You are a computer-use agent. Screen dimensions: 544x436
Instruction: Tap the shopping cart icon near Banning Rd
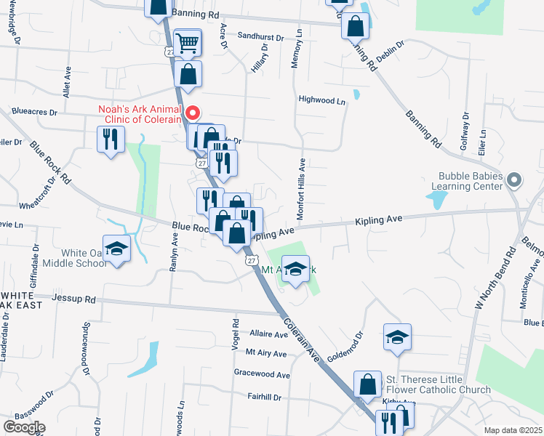click(x=188, y=44)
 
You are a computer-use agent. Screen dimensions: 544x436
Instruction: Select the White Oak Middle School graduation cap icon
click(x=116, y=249)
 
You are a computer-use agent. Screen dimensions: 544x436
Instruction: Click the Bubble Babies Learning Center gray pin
click(x=515, y=179)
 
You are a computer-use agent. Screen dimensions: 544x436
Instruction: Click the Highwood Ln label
click(x=321, y=100)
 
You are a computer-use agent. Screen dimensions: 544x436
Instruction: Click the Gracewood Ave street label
click(x=262, y=375)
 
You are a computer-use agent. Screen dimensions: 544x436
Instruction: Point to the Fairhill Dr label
click(x=263, y=397)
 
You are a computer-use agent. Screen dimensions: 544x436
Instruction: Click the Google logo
click(x=24, y=427)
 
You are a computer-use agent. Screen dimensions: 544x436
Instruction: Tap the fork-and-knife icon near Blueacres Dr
click(x=111, y=139)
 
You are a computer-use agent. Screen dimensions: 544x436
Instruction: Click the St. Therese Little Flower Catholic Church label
click(x=439, y=384)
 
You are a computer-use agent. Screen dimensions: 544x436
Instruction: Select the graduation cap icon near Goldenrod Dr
click(x=398, y=337)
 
